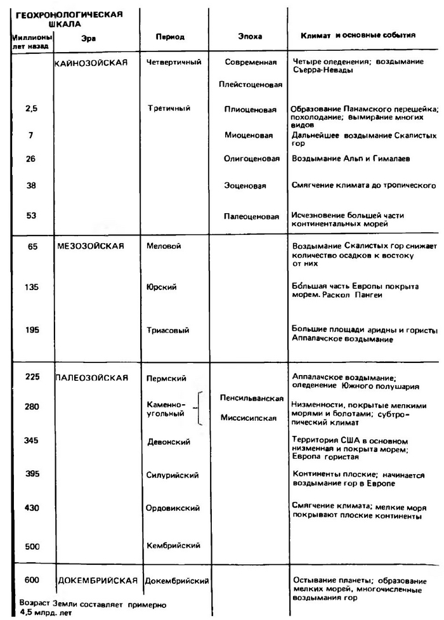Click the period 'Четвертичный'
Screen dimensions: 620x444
pos(173,63)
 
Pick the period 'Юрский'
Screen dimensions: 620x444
pos(161,287)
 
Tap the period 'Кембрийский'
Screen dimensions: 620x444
pos(173,545)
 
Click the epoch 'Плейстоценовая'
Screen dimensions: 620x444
pos(250,86)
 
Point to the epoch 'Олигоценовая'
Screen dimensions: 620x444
pos(251,159)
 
